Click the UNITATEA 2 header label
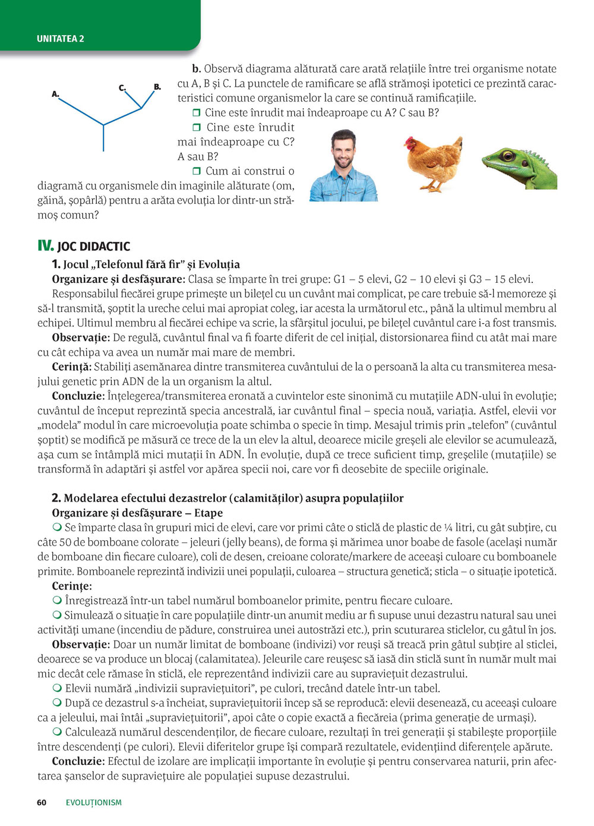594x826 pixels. tap(61, 39)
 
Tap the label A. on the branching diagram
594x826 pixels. tap(55, 94)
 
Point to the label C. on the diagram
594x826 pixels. tap(122, 88)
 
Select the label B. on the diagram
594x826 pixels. tap(157, 87)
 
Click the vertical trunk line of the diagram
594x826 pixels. tap(103, 138)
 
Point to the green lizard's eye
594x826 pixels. tap(507, 156)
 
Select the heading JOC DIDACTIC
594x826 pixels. tap(94, 247)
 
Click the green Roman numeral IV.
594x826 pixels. tap(45, 246)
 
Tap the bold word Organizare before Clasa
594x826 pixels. tap(81, 279)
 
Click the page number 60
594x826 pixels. tap(42, 802)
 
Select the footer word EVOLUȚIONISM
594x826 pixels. tap(94, 802)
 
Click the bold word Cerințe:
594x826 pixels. tap(72, 586)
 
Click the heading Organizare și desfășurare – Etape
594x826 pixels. tap(137, 513)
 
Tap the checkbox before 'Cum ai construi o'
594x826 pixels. tap(197, 171)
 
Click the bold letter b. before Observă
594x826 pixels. tap(196, 69)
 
